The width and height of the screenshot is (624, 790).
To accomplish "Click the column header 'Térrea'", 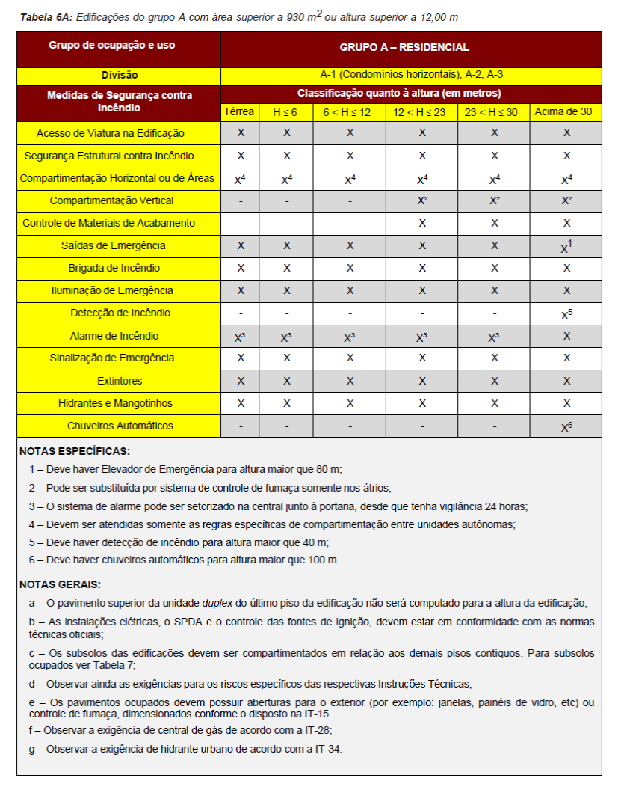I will [x=240, y=112].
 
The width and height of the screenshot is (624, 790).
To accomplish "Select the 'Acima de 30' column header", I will [x=565, y=112].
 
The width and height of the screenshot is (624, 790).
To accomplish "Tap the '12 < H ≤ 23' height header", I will [x=421, y=112].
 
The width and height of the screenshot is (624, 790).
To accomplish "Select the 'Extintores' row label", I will [x=120, y=381].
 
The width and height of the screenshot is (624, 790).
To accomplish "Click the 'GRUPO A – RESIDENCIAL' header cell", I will [x=404, y=47].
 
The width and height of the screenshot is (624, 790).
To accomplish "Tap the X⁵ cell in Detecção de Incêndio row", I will [x=566, y=314].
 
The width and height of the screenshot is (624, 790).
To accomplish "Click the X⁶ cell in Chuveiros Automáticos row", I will [x=566, y=426].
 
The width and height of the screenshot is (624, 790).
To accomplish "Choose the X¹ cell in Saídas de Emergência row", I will [x=566, y=246].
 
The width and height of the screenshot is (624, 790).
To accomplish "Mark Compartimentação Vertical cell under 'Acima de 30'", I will [x=566, y=201].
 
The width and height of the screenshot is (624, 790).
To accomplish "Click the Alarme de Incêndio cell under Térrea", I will [x=240, y=337].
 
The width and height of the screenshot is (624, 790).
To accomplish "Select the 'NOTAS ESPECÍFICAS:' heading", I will [x=75, y=452].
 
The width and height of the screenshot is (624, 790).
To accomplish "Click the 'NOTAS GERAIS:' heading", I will [x=61, y=584].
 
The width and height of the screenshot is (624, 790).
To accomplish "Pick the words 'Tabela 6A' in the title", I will [x=43, y=16].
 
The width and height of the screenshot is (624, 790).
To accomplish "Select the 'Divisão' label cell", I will [x=120, y=76].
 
